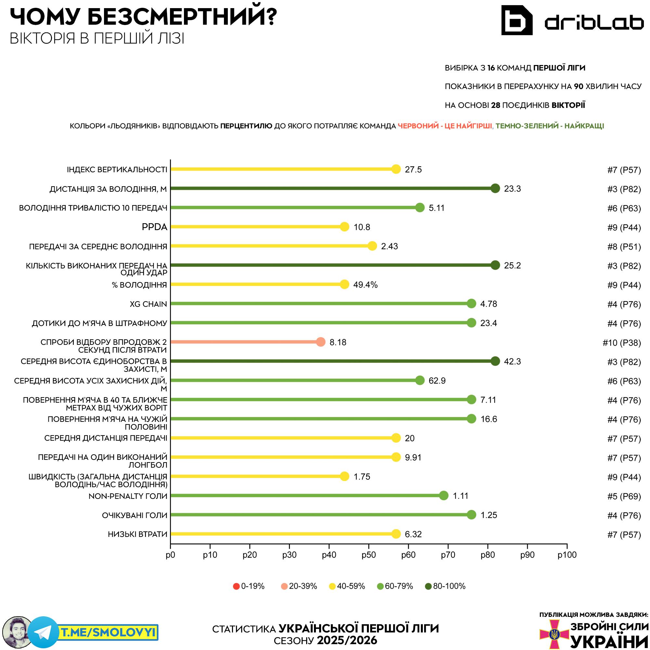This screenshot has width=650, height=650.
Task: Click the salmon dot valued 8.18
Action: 321,342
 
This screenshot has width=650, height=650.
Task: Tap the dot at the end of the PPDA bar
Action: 344,227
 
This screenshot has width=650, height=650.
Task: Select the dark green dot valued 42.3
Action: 495,361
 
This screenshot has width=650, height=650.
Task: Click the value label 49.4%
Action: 365,285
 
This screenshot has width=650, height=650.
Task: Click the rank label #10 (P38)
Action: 622,343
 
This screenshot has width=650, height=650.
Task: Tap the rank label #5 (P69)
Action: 624,496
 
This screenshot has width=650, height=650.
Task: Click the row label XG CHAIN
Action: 149,304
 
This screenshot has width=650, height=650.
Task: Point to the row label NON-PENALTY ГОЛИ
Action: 128,496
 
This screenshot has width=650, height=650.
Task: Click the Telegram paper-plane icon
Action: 43,632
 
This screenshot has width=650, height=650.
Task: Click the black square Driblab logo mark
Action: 517,20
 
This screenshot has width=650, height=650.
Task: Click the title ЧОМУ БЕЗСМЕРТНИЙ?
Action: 143,17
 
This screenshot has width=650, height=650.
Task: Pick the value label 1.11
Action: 461,496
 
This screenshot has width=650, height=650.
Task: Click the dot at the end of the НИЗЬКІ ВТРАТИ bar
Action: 396,534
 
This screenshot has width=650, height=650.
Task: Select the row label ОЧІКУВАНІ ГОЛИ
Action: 135,515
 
